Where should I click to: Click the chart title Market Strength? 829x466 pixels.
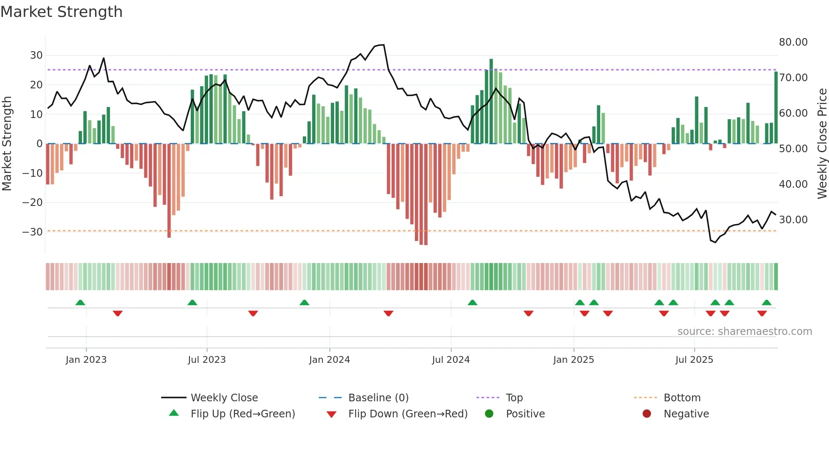click(x=61, y=11)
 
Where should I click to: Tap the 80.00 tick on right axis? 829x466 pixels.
click(x=793, y=42)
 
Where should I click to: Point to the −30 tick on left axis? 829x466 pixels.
click(x=32, y=232)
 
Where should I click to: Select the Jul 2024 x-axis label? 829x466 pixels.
click(x=450, y=359)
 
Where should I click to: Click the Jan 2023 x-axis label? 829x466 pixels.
click(x=86, y=359)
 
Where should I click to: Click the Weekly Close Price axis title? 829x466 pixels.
click(x=822, y=143)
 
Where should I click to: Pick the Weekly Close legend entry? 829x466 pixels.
click(x=224, y=397)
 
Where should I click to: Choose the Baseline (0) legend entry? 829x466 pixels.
click(x=378, y=397)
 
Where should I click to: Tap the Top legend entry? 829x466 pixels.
click(x=514, y=397)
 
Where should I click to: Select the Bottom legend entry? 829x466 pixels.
click(x=682, y=397)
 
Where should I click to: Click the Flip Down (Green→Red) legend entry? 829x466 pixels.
click(x=407, y=414)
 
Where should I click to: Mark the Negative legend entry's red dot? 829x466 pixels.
click(x=647, y=414)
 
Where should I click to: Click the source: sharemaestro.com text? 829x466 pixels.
click(x=744, y=331)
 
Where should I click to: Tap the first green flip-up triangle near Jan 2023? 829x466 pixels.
click(x=80, y=302)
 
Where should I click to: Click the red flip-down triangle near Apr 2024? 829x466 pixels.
click(x=388, y=313)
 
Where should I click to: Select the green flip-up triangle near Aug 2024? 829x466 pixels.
click(x=472, y=302)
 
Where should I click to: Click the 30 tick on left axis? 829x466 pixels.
click(x=36, y=55)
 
